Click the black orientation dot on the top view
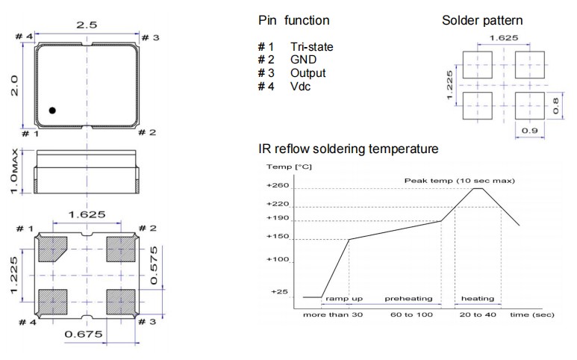52,111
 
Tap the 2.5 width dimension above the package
87,25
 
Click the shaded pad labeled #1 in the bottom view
52,249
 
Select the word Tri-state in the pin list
311,47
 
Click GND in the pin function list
304,60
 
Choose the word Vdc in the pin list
301,87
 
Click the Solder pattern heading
481,20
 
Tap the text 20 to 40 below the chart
478,315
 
